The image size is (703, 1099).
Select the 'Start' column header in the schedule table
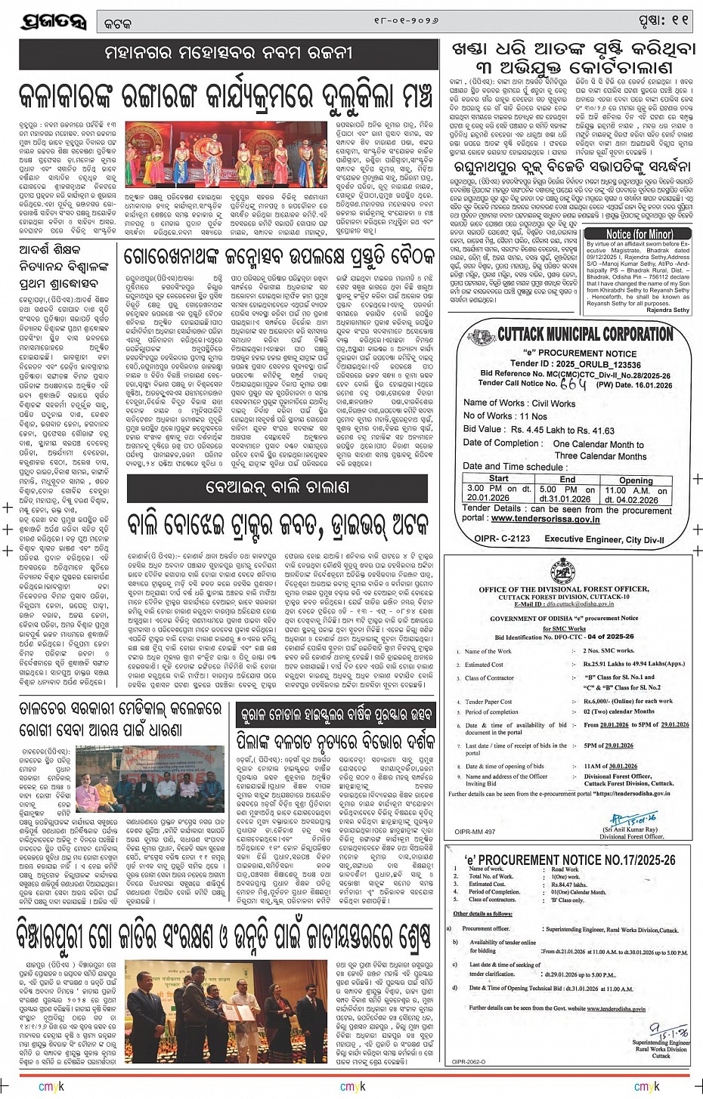point(498,478)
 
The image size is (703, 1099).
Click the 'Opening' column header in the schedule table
point(635,480)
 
